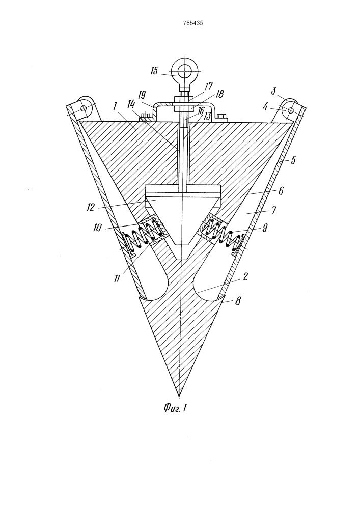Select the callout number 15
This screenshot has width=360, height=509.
[x=154, y=71]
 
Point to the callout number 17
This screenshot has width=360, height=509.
[x=208, y=87]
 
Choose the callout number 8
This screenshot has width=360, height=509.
[x=238, y=301]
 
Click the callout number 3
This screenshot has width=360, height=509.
[x=273, y=91]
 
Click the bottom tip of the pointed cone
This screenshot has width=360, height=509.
[x=179, y=397]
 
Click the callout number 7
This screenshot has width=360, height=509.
[x=273, y=210]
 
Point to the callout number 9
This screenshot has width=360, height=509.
[x=265, y=228]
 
